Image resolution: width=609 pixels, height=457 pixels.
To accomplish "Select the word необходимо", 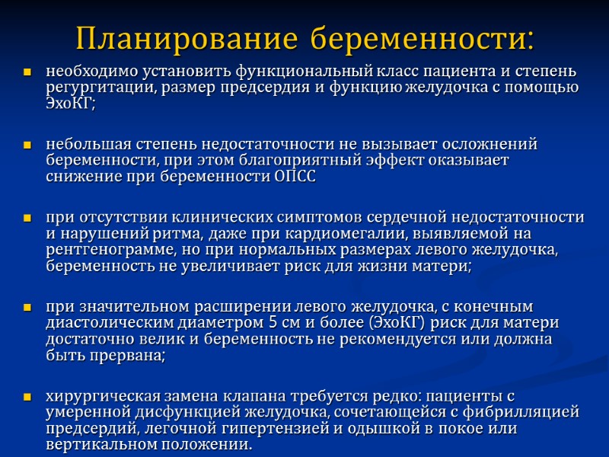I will click(x=86, y=72).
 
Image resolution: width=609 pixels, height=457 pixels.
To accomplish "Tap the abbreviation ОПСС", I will click(x=293, y=176).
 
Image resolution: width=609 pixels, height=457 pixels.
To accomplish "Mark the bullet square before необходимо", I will click(x=27, y=73).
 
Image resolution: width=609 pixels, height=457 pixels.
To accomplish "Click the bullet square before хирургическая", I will click(x=27, y=398).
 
